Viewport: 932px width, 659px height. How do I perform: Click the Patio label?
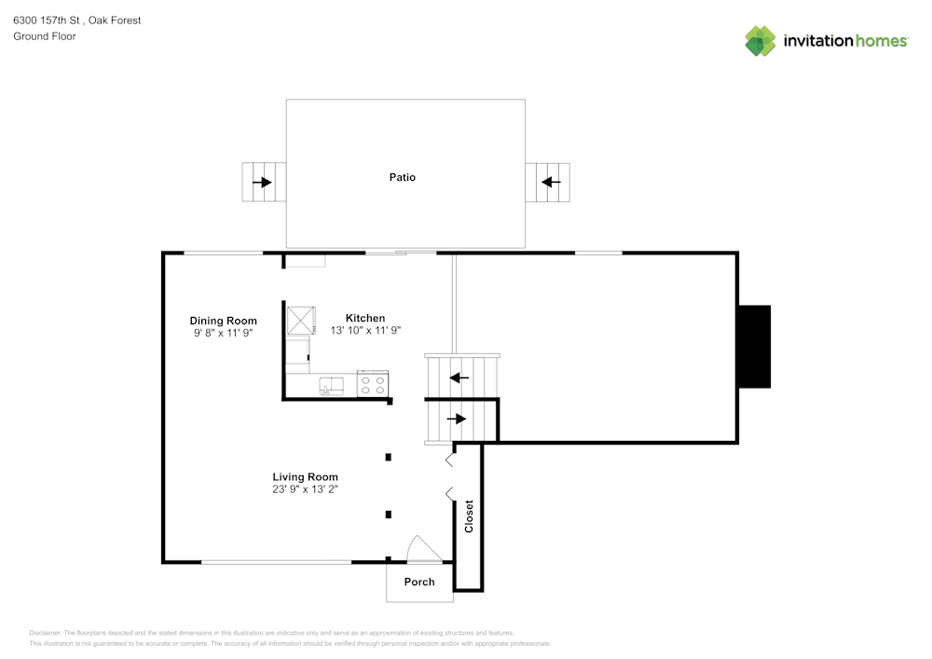pyautogui.click(x=402, y=177)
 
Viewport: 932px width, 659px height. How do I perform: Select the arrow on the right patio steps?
pyautogui.click(x=551, y=182)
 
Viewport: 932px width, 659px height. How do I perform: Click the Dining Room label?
pyautogui.click(x=223, y=321)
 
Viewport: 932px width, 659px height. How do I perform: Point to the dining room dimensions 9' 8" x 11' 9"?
pyautogui.click(x=223, y=333)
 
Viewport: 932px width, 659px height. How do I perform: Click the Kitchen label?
pyautogui.click(x=364, y=318)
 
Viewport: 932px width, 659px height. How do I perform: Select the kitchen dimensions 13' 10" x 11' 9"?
pyautogui.click(x=365, y=330)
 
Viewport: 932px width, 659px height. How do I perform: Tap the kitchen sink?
pyautogui.click(x=333, y=384)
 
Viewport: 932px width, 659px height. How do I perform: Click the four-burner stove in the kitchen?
pyautogui.click(x=373, y=384)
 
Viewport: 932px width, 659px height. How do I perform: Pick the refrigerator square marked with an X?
pyautogui.click(x=301, y=321)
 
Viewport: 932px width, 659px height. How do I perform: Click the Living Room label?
pyautogui.click(x=305, y=477)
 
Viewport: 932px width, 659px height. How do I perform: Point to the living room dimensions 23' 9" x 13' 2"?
pyautogui.click(x=305, y=489)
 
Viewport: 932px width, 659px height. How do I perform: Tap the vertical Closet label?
pyautogui.click(x=469, y=517)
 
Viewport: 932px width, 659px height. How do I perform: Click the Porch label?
pyautogui.click(x=419, y=582)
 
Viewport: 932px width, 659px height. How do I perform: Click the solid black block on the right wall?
pyautogui.click(x=753, y=347)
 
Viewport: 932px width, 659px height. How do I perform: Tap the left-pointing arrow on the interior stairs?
pyautogui.click(x=459, y=378)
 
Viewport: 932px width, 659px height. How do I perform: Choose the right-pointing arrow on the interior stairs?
pyautogui.click(x=456, y=419)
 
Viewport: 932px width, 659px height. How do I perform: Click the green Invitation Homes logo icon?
pyautogui.click(x=760, y=41)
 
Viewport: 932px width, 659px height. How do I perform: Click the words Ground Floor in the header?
pyautogui.click(x=45, y=36)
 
